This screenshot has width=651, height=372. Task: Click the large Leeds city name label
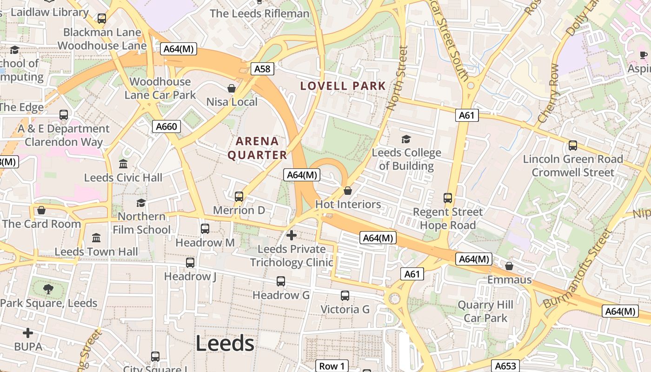[225, 344]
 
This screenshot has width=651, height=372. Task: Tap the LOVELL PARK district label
[343, 86]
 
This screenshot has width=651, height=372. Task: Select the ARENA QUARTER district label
[257, 148]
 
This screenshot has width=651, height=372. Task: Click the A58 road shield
[262, 69]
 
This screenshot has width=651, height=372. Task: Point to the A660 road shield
[166, 126]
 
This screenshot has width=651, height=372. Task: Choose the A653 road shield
[505, 366]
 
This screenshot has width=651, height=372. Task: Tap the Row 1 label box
[332, 366]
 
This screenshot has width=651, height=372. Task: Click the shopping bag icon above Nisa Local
[231, 88]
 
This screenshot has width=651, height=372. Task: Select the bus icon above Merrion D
[239, 197]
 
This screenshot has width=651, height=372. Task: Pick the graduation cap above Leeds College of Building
[406, 139]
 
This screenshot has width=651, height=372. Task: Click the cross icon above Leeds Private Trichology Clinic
[292, 235]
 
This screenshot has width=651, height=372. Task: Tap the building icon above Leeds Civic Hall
[123, 164]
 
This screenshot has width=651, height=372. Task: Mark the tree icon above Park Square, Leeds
[48, 289]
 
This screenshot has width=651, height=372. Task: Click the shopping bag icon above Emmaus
[509, 266]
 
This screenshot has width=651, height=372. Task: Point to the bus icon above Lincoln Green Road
[573, 146]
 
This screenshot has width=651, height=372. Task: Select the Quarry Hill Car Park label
[485, 312]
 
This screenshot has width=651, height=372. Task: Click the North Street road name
[397, 78]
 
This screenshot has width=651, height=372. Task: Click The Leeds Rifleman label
[259, 13]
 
